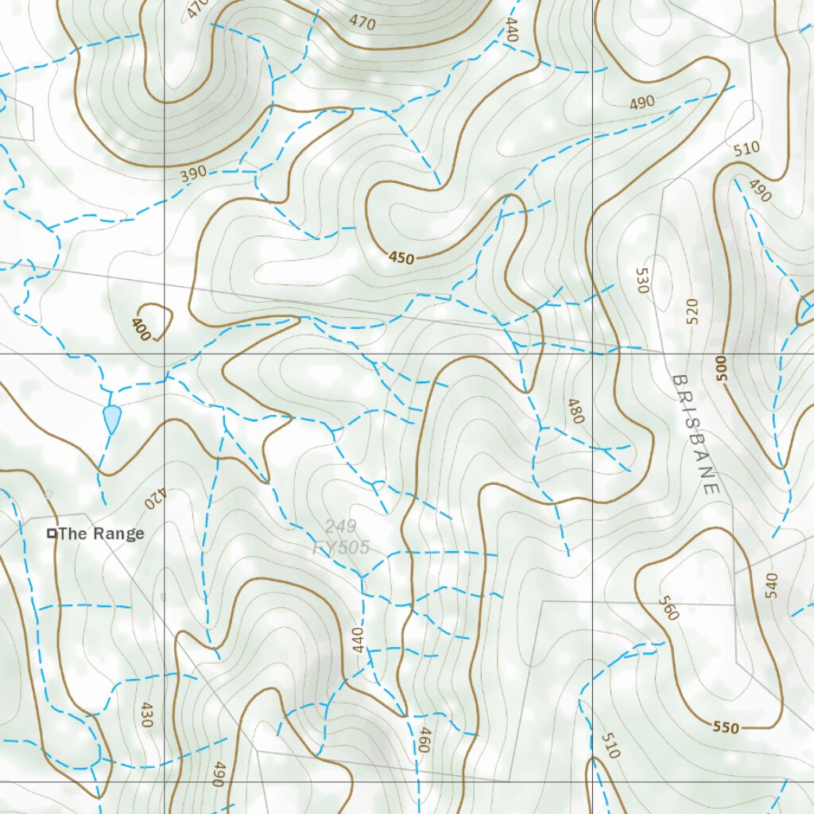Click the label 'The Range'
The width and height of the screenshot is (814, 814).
point(101,533)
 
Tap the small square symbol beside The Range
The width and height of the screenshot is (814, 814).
point(52,533)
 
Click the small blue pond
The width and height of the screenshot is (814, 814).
point(111,418)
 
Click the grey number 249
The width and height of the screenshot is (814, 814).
point(340,526)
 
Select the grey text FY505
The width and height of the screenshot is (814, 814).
point(341,548)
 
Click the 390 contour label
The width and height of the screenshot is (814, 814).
point(193,173)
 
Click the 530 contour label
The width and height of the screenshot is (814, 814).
point(642,281)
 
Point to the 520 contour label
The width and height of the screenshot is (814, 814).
point(691,312)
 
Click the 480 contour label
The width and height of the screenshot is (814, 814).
point(576,411)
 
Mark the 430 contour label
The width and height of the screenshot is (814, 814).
point(145,715)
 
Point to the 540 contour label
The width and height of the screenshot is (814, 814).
point(770,585)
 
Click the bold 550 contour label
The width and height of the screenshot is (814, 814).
point(725,727)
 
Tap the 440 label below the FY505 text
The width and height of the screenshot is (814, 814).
point(357,640)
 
